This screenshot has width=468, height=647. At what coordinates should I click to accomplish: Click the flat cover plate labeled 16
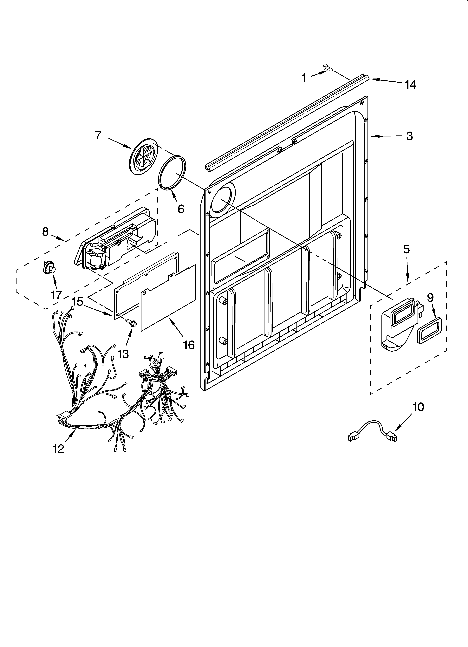coord(168,298)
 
